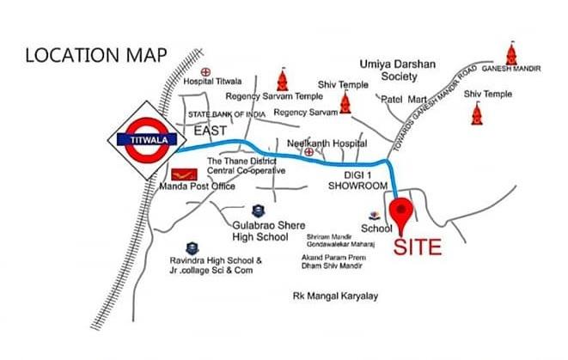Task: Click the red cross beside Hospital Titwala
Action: [205, 71]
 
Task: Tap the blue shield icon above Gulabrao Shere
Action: [257, 210]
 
